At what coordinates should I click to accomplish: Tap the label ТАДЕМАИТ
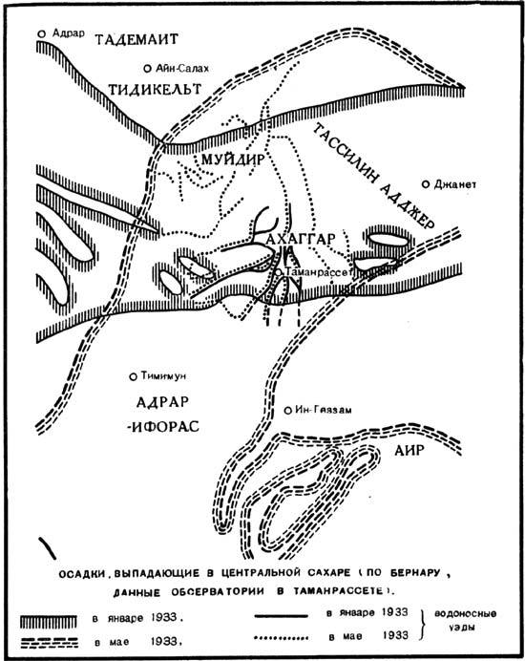click(146, 41)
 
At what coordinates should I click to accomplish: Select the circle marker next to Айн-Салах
click(147, 69)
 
